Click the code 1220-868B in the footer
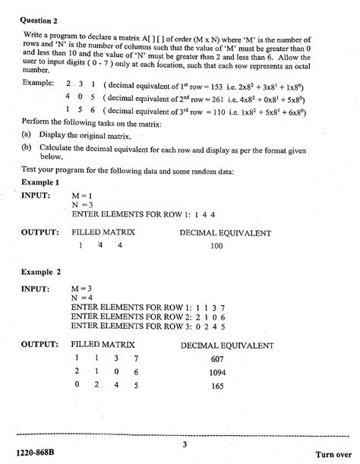pos(37,454)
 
